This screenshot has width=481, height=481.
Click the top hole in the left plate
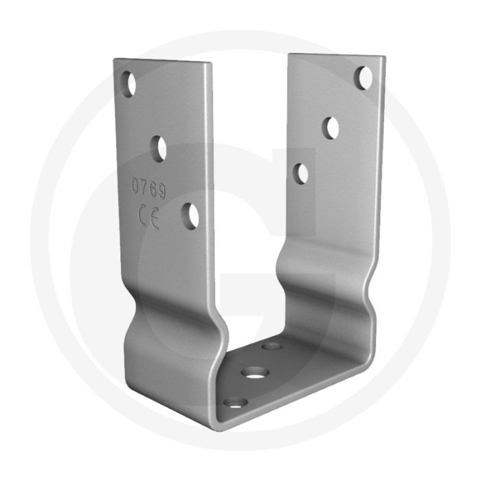click(x=128, y=84)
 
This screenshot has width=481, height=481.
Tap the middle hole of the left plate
click(x=159, y=148)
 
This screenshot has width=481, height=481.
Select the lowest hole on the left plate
click(x=190, y=216)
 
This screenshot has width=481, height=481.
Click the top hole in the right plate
click(x=363, y=78)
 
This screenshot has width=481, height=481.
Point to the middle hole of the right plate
click(x=332, y=127)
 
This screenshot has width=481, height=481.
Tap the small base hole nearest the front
click(x=236, y=402)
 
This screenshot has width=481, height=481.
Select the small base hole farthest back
click(x=272, y=346)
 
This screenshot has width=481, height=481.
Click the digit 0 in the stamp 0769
click(x=136, y=183)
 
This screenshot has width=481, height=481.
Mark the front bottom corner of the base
click(x=219, y=416)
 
